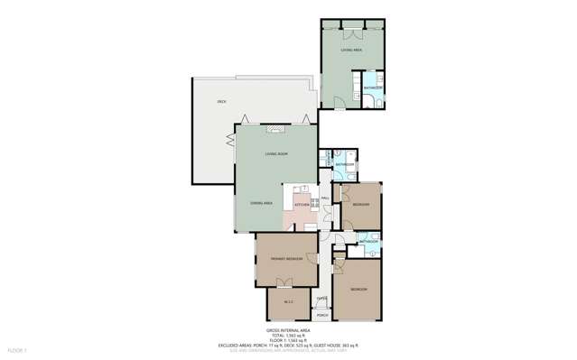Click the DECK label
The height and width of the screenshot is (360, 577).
[x=220, y=104]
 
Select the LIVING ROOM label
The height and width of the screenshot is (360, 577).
[x=276, y=155]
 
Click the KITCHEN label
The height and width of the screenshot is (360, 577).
[x=302, y=205]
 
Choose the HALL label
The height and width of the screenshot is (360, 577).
[x=324, y=198]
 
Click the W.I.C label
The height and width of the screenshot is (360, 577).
[x=289, y=301]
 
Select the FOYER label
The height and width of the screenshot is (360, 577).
[x=321, y=297]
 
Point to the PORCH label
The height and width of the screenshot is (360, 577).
[x=321, y=317]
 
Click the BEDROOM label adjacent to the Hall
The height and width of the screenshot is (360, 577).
[x=359, y=205]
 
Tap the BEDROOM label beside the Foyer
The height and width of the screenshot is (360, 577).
[x=358, y=288]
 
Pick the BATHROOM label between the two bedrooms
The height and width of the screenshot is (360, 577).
[x=368, y=243]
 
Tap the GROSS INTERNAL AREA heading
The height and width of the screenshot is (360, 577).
[x=288, y=331]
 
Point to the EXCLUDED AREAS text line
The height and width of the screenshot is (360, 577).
[x=288, y=345]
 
